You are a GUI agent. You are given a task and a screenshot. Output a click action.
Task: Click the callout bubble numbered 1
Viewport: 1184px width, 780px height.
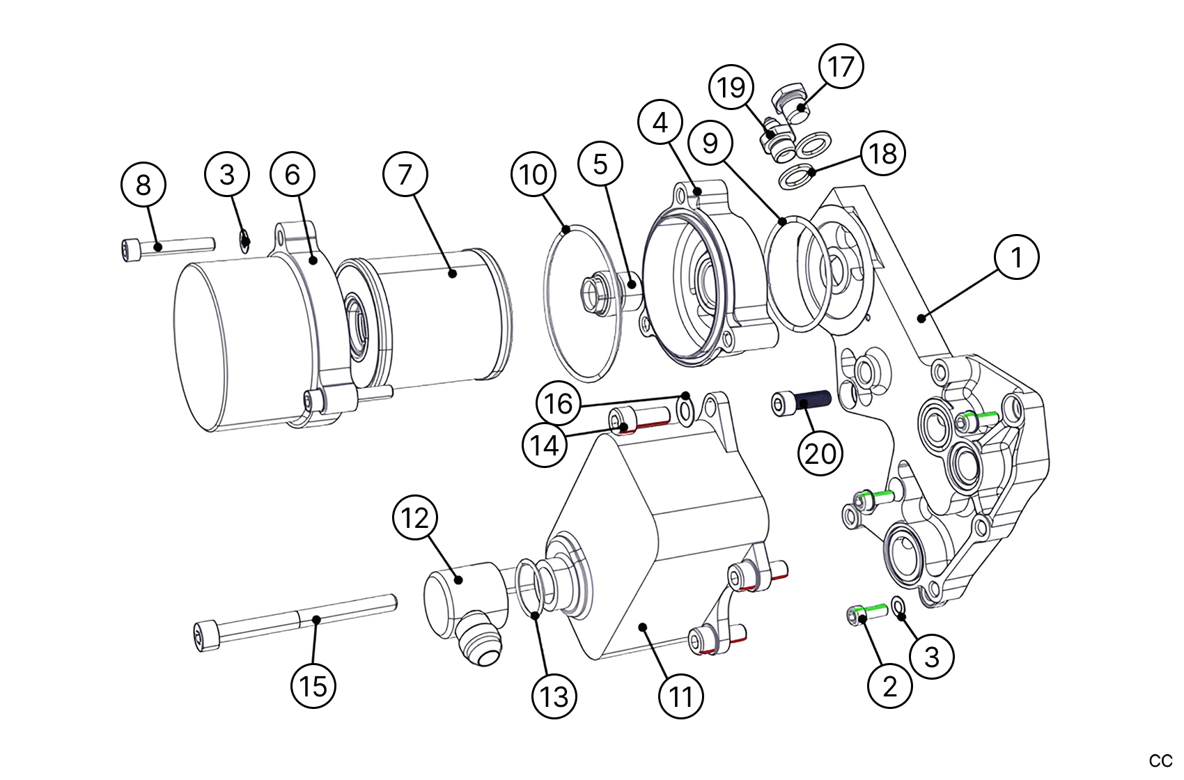pyautogui.click(x=1017, y=257)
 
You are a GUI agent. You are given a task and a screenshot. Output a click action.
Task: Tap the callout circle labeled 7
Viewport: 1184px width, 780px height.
pyautogui.click(x=405, y=174)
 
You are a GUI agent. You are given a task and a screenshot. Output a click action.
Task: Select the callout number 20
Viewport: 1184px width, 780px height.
pyautogui.click(x=820, y=453)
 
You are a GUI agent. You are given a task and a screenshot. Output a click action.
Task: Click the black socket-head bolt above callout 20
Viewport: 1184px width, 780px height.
pyautogui.click(x=801, y=403)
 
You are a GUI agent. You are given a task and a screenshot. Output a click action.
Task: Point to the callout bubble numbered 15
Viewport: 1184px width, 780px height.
pyautogui.click(x=313, y=686)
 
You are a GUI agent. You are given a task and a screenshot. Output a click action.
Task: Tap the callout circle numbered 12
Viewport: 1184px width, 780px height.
pyautogui.click(x=415, y=518)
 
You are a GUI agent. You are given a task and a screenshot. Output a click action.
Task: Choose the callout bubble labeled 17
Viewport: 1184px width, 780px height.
pyautogui.click(x=841, y=67)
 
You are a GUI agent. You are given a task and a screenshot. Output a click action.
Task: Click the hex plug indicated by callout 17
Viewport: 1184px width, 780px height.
pyautogui.click(x=790, y=101)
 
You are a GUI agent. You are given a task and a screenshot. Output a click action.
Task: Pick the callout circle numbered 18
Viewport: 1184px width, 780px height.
pyautogui.click(x=883, y=153)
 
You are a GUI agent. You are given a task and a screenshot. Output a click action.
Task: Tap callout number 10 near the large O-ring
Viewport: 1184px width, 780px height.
pyautogui.click(x=533, y=175)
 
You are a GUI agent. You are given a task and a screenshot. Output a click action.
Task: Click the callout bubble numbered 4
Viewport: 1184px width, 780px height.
pyautogui.click(x=660, y=123)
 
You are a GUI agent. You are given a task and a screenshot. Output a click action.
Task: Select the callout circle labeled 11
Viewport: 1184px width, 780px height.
pyautogui.click(x=680, y=696)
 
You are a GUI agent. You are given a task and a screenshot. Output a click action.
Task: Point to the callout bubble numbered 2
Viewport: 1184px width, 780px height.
pyautogui.click(x=889, y=686)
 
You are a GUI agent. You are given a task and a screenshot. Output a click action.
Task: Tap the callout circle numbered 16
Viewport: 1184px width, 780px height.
pyautogui.click(x=558, y=403)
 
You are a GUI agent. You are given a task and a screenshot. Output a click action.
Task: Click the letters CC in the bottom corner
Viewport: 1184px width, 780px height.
pyautogui.click(x=1160, y=760)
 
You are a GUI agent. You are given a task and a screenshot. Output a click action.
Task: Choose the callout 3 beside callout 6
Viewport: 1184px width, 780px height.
pyautogui.click(x=227, y=174)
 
